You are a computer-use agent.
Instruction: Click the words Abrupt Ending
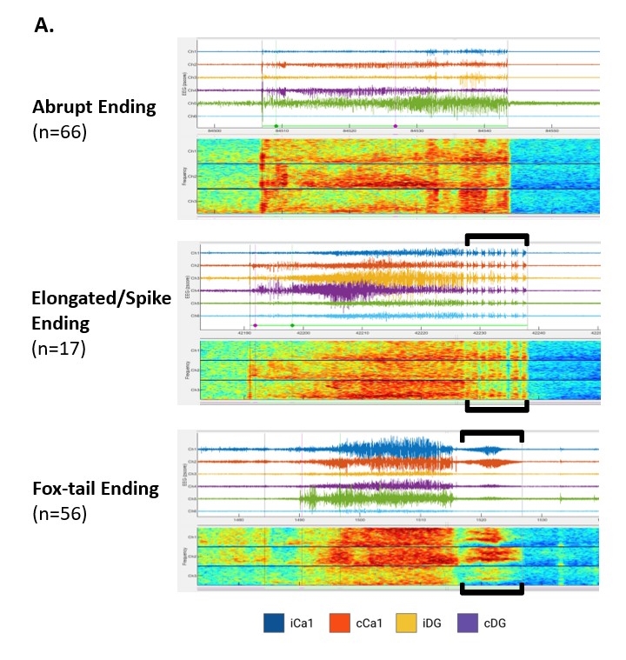coord(94,107)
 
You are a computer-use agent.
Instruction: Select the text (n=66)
coord(59,133)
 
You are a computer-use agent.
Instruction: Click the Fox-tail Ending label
coord(96,488)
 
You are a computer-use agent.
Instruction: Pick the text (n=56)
coord(59,514)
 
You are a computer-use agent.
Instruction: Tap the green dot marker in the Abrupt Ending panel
coord(276,126)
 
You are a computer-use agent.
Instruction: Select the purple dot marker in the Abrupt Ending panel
coord(396,126)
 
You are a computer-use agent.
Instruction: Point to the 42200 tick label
coord(303,332)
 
